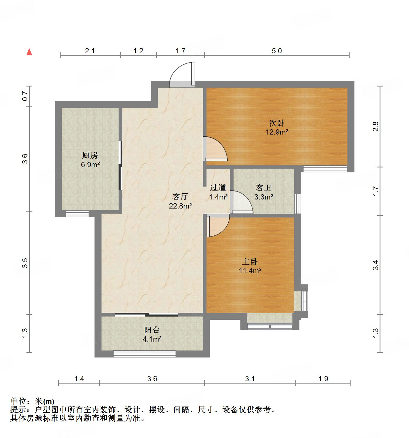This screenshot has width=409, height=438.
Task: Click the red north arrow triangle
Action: coord(29,52)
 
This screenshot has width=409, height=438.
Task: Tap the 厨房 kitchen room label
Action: coord(90,156)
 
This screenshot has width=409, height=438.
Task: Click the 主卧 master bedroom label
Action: coord(250,262)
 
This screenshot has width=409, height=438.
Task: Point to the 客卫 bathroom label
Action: coord(263,188)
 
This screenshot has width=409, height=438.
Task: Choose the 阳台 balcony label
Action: coord(152,330)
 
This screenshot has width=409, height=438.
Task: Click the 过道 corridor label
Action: coord(218,188)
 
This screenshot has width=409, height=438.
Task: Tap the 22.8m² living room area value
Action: coord(180,206)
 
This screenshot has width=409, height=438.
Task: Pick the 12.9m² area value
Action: coord(277,132)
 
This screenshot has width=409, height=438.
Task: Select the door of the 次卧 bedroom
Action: coord(215,149)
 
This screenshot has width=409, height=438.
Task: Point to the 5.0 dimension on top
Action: coord(277,51)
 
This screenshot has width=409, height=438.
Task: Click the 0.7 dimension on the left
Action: coord(25,96)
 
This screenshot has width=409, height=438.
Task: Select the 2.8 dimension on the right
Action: coord(375,126)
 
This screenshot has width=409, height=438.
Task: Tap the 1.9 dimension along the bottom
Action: coord(323,379)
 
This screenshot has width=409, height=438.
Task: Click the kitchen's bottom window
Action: coord(77,214)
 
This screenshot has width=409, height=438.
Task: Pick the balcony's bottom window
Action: coord(144,354)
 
